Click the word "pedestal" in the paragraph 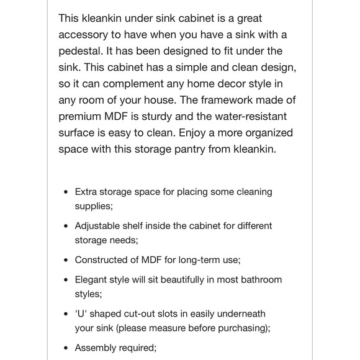coord(81,51)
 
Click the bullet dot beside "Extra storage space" coord(66,192)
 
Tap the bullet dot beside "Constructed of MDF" coord(66,260)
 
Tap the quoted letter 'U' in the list coord(81,314)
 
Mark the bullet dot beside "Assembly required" coord(66,348)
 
